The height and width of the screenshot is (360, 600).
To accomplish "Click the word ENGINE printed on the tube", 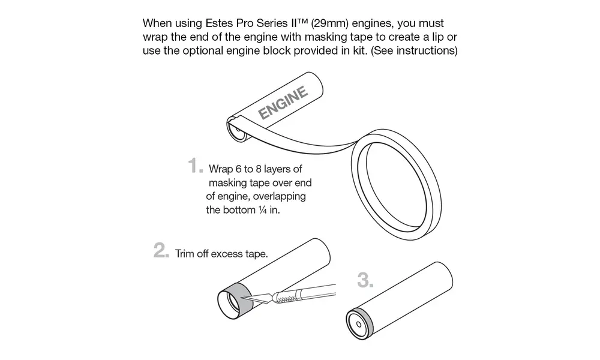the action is click(x=283, y=102).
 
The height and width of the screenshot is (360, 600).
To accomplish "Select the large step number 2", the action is click(x=161, y=250).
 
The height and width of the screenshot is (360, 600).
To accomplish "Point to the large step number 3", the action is click(x=364, y=280).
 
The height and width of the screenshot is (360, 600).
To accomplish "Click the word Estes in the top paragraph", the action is click(x=219, y=23).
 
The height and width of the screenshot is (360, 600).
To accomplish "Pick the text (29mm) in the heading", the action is click(x=330, y=23).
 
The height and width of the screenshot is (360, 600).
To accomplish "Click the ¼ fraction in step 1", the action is click(x=263, y=209).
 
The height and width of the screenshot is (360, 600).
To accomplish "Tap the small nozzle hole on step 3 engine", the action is click(x=359, y=325).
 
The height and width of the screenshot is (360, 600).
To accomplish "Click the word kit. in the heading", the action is click(x=359, y=50).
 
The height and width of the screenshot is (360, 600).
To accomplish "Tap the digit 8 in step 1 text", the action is click(x=258, y=169).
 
